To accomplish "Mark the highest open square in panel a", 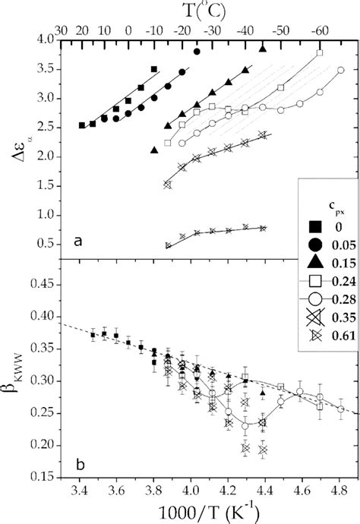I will click(x=319, y=53).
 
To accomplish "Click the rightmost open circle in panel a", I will click(x=341, y=70).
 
